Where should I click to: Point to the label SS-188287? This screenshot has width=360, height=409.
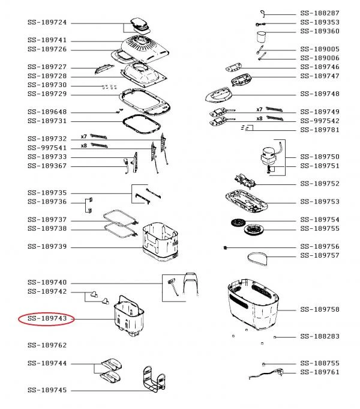coord(320,13)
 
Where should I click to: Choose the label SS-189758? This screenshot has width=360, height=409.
coord(320,309)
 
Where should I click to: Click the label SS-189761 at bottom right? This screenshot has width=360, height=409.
coord(320,372)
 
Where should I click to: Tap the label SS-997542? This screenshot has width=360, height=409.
coord(320,120)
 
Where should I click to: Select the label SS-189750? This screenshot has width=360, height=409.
coord(320,156)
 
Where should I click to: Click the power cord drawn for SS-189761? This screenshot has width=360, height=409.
coord(268,374)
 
